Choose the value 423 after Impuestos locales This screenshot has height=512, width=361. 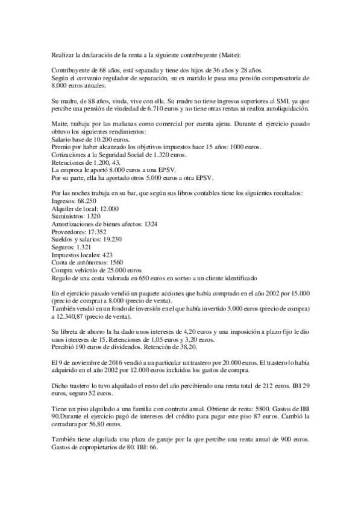(x=110, y=255)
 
